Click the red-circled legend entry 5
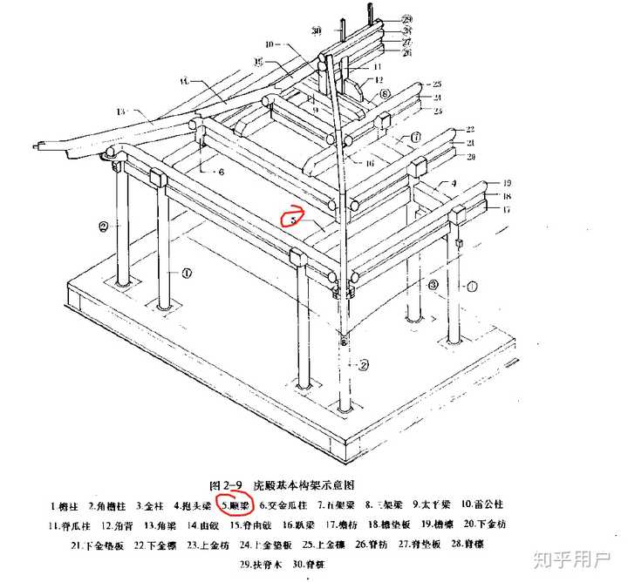tap(235, 504)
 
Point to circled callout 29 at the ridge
tap(408, 18)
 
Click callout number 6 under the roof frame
tap(222, 172)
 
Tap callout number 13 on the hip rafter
tap(120, 112)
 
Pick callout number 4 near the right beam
tap(454, 183)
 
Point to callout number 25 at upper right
tap(436, 84)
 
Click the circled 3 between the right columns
tap(433, 285)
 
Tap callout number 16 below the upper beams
tap(370, 163)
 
